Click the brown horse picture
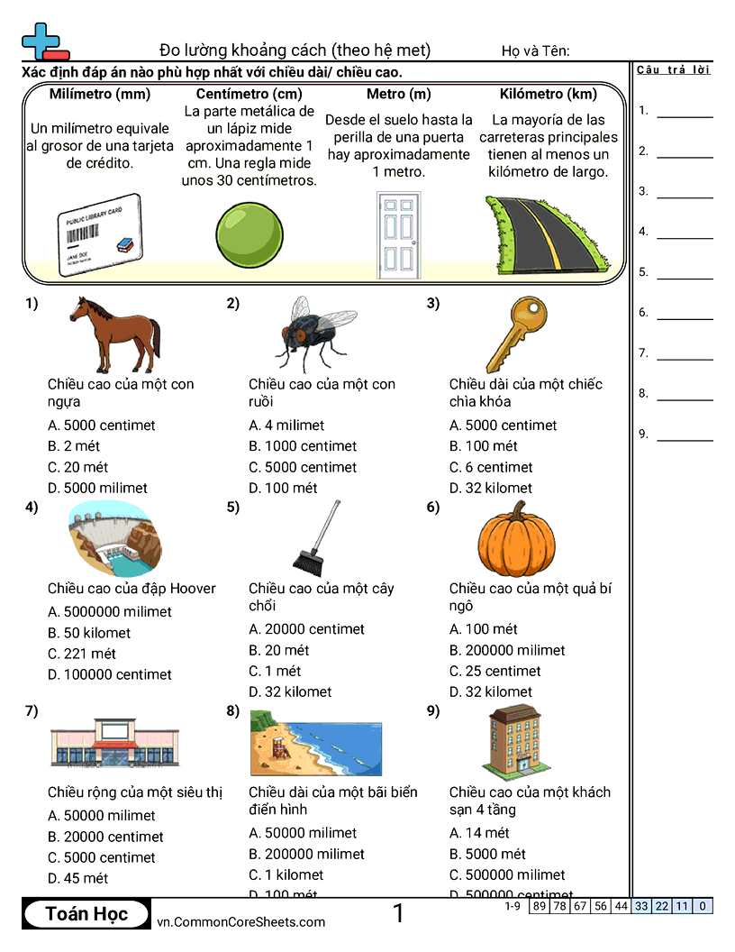point(114,334)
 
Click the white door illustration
point(396,234)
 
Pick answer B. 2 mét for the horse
point(74,446)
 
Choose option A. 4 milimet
point(286,426)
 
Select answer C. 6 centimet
point(491,467)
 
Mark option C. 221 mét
point(82,654)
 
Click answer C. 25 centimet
point(495,671)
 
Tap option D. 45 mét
point(77,878)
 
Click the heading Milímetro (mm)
point(100,94)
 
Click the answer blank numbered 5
point(685,271)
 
